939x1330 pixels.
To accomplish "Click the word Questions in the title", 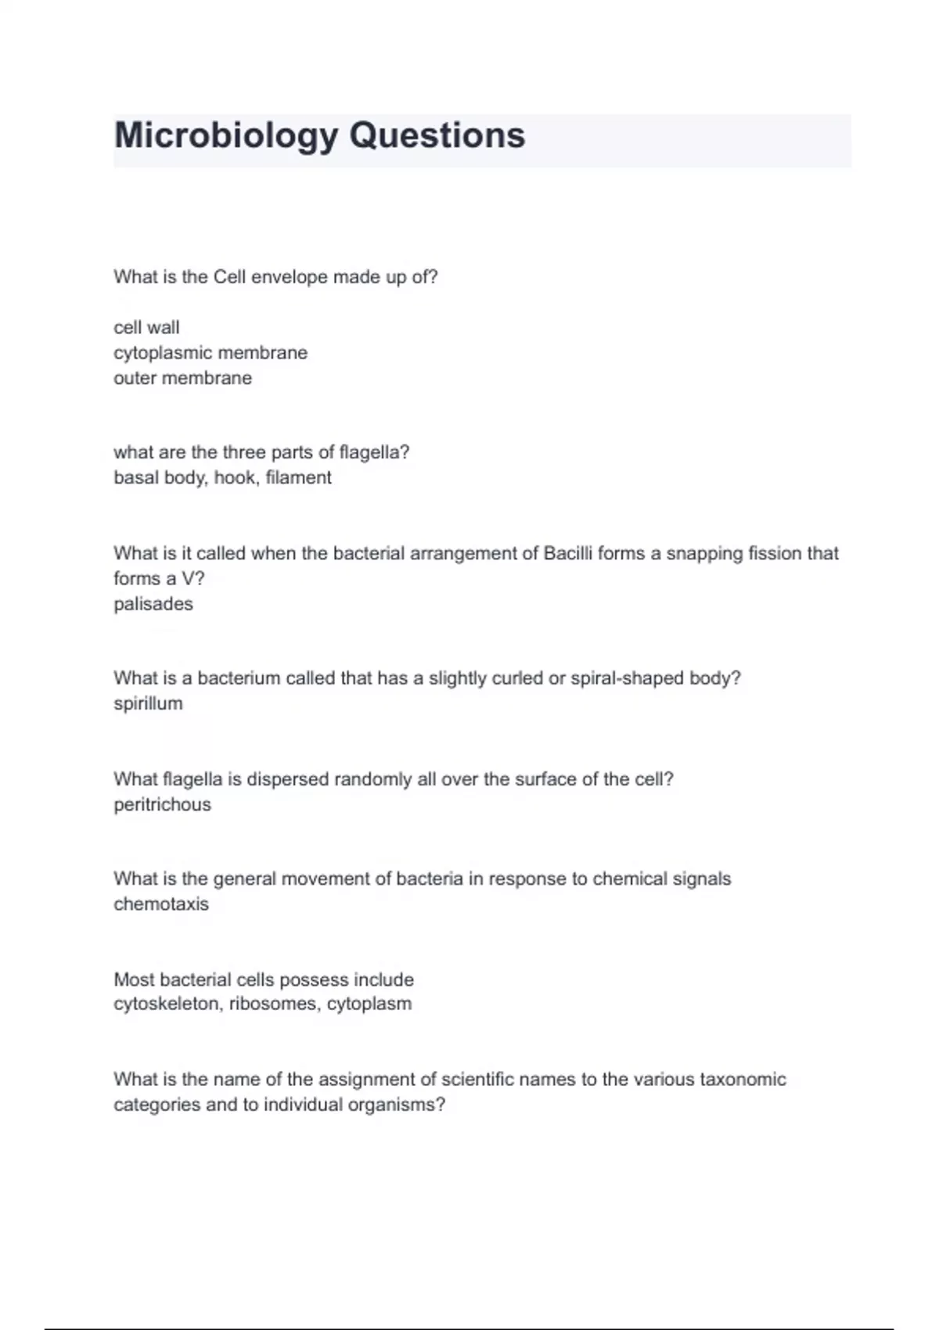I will click(x=437, y=135).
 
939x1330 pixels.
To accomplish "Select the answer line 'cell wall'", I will click(x=146, y=327).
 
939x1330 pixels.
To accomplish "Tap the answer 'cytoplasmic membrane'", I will click(x=210, y=353).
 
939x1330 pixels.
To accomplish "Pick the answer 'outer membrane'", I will click(x=182, y=378).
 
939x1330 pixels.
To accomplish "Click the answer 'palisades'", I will click(x=153, y=604).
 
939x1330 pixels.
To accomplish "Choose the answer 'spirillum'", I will click(x=148, y=703).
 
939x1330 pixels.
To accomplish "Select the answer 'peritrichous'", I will click(x=162, y=804).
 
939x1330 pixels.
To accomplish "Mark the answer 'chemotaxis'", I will click(x=161, y=904).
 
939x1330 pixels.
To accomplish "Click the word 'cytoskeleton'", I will click(x=166, y=1004).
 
